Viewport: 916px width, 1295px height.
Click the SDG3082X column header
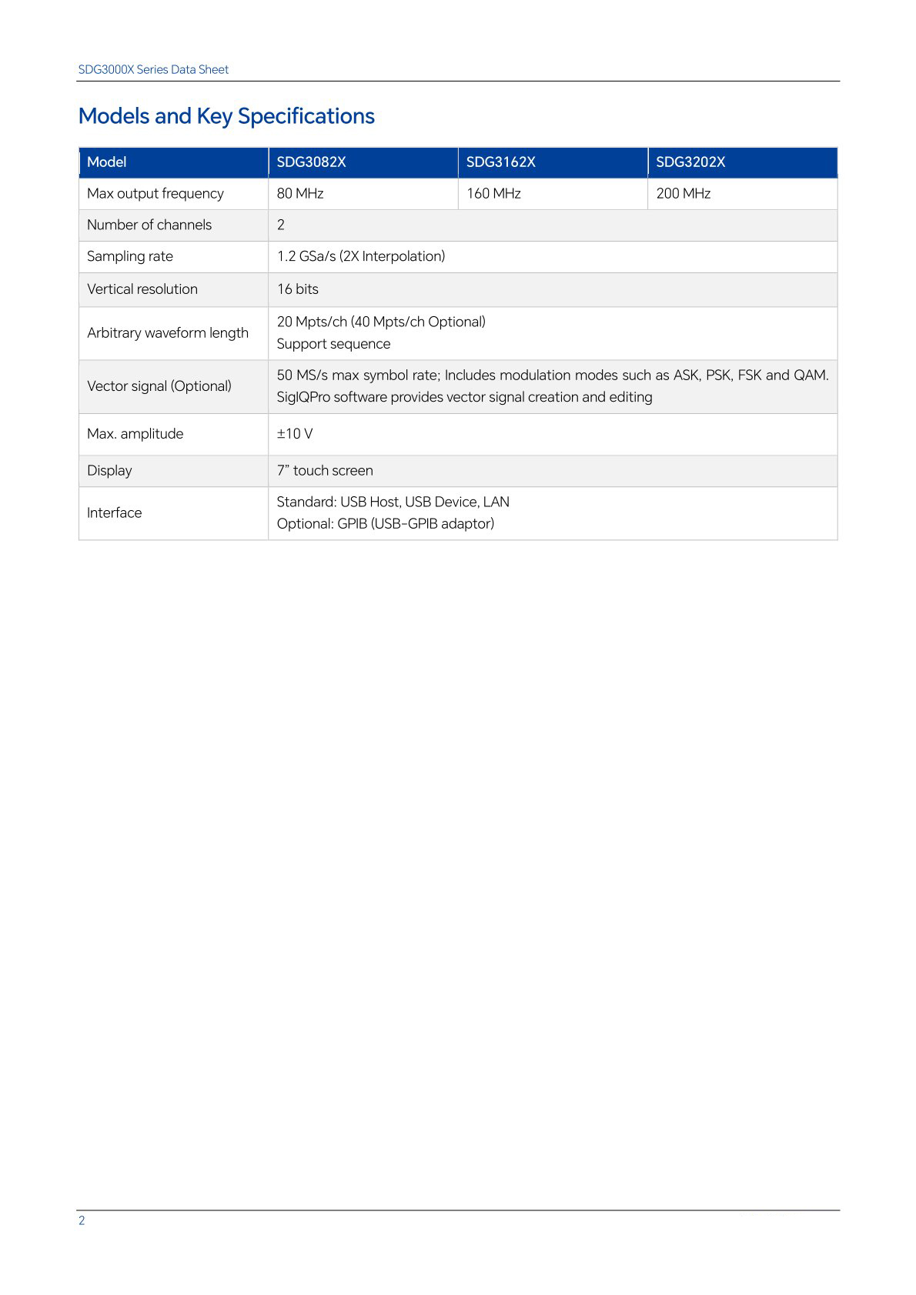tap(311, 162)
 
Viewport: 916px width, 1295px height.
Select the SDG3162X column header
tap(500, 162)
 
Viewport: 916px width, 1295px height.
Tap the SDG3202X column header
tap(690, 162)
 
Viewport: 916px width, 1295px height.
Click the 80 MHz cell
tap(300, 194)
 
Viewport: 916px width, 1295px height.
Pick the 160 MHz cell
tap(493, 194)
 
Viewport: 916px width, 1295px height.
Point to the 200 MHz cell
tap(683, 194)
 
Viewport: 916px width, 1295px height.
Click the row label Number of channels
tap(149, 225)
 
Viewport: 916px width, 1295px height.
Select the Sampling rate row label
tap(130, 257)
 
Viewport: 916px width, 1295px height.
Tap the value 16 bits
tap(297, 289)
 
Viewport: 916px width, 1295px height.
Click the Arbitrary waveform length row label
tap(168, 333)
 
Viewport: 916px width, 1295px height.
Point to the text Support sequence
tap(333, 344)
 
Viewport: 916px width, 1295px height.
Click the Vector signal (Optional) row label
tap(159, 386)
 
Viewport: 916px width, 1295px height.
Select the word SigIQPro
tap(303, 397)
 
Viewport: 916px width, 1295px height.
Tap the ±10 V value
tap(295, 434)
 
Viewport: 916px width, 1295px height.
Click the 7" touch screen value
tap(325, 471)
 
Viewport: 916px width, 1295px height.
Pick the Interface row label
tap(114, 513)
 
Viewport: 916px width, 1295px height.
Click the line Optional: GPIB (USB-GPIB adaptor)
tap(385, 524)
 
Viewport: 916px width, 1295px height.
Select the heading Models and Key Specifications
tap(226, 116)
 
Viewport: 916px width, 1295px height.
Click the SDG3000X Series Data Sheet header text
tap(153, 70)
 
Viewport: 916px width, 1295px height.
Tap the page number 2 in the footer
tap(82, 1220)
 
